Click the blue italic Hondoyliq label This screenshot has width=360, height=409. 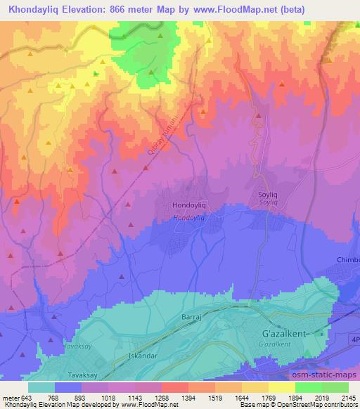coord(188,219)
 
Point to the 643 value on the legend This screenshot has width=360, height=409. coord(26,398)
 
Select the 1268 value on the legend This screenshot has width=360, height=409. coord(158,398)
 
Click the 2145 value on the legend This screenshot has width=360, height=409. coord(349,398)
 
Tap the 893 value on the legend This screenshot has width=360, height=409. coord(78,398)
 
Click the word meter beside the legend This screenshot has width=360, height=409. coord(9,398)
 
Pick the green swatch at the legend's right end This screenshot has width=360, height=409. coord(335,387)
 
